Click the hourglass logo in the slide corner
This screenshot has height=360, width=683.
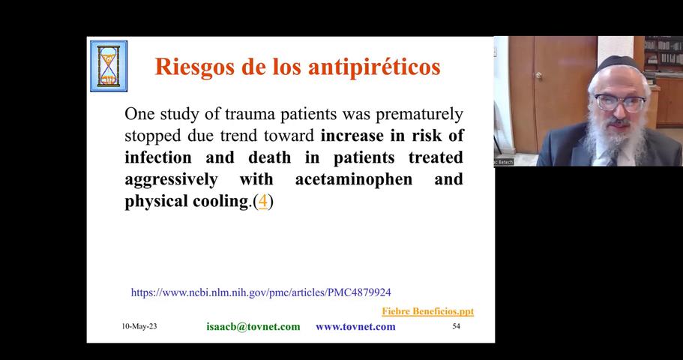tap(109, 66)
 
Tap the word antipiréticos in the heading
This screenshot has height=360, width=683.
tap(374, 67)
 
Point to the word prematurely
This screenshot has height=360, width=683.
tap(419, 114)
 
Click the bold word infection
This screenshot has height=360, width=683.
tap(158, 157)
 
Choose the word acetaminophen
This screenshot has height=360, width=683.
tap(354, 179)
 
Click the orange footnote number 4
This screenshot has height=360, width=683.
tap(263, 201)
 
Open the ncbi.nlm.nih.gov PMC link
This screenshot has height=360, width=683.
tap(261, 292)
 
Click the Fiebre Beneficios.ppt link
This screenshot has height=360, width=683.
tap(428, 311)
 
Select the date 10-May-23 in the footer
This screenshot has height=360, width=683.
tap(139, 326)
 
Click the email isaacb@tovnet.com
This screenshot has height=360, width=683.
tap(253, 326)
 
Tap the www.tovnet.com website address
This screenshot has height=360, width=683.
tap(355, 326)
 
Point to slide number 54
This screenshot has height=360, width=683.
tap(456, 326)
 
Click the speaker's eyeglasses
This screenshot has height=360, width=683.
tap(620, 103)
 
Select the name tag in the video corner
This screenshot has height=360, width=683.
tap(504, 162)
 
